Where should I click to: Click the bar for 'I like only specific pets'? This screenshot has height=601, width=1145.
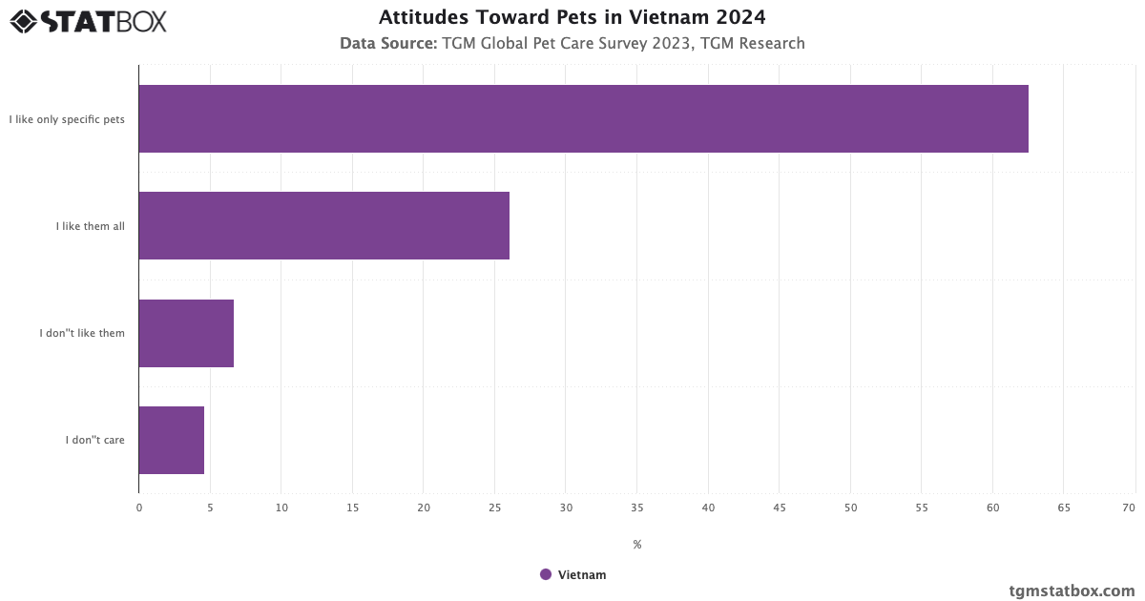(583, 118)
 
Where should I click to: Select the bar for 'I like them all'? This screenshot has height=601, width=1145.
(323, 225)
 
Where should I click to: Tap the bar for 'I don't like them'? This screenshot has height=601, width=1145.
(186, 333)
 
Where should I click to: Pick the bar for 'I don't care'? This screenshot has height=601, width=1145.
(171, 440)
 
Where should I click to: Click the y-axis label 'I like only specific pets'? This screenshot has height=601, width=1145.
(67, 119)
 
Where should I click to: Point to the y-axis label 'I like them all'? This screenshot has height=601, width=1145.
(90, 226)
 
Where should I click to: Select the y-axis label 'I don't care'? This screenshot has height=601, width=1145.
(95, 440)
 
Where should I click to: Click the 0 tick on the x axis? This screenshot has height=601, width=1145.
(139, 508)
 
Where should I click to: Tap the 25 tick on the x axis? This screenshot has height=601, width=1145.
(494, 508)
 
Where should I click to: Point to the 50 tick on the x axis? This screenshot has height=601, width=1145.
(850, 508)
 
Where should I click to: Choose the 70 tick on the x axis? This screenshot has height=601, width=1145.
(1129, 508)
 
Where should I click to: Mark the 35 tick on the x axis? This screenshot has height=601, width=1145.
(636, 508)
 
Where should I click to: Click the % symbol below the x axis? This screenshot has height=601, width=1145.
(636, 545)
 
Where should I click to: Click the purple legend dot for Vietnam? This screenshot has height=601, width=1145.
(546, 574)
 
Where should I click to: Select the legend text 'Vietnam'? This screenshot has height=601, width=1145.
(582, 574)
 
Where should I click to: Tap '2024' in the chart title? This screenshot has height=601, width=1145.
(739, 17)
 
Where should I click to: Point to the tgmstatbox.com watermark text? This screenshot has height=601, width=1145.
(1072, 591)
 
